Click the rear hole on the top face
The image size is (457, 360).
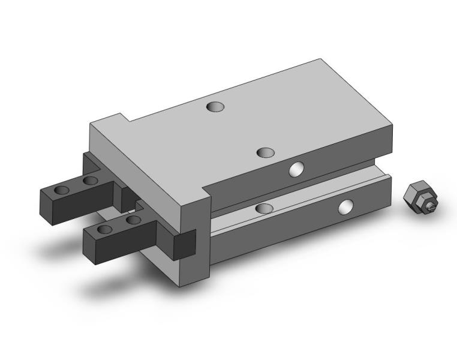pos(215,107)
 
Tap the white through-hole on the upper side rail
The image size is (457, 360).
pos(296,170)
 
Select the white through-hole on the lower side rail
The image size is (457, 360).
pos(346,208)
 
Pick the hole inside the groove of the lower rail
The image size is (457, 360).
pos(264,208)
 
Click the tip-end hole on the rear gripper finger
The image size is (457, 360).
pos(62,190)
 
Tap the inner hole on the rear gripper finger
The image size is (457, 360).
pos(91,180)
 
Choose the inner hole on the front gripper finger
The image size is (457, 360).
pos(134,220)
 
